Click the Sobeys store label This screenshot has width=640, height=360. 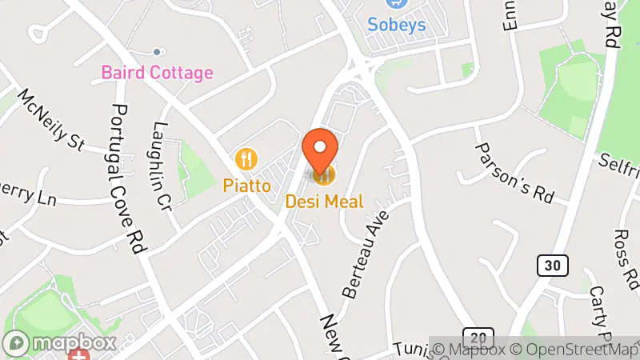396,25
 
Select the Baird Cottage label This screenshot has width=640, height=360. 157,73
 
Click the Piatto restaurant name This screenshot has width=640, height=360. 246,185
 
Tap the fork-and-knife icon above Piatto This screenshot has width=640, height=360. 246,158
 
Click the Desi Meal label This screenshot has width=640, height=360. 324,202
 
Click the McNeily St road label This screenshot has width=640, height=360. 52,119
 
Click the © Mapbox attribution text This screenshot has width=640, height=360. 471,350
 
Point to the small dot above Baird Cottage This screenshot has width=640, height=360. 157,52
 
